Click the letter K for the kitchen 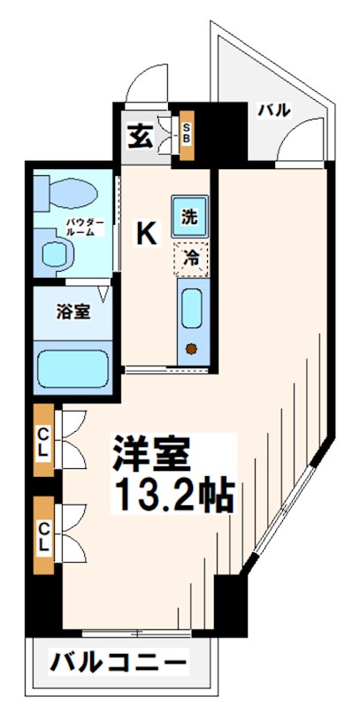[146, 233]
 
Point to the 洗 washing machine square [189, 214]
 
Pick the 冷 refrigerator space [190, 258]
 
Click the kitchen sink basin [190, 309]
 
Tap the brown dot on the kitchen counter [190, 347]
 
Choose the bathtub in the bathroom [73, 366]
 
